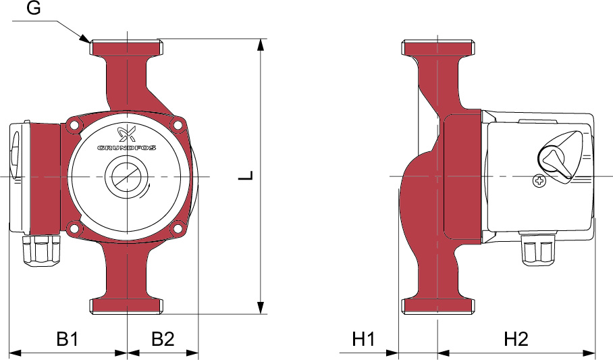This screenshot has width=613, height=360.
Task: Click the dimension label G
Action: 34,8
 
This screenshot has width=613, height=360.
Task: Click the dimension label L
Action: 246,176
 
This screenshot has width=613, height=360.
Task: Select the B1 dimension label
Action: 68,338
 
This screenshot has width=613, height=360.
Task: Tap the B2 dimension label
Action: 163,338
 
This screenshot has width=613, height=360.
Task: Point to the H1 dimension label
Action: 364,338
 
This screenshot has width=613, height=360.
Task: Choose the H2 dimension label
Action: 516,338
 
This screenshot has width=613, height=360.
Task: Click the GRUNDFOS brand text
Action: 127,148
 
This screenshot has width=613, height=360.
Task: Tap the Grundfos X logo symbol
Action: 127,134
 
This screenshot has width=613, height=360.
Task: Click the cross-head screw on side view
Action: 539,181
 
